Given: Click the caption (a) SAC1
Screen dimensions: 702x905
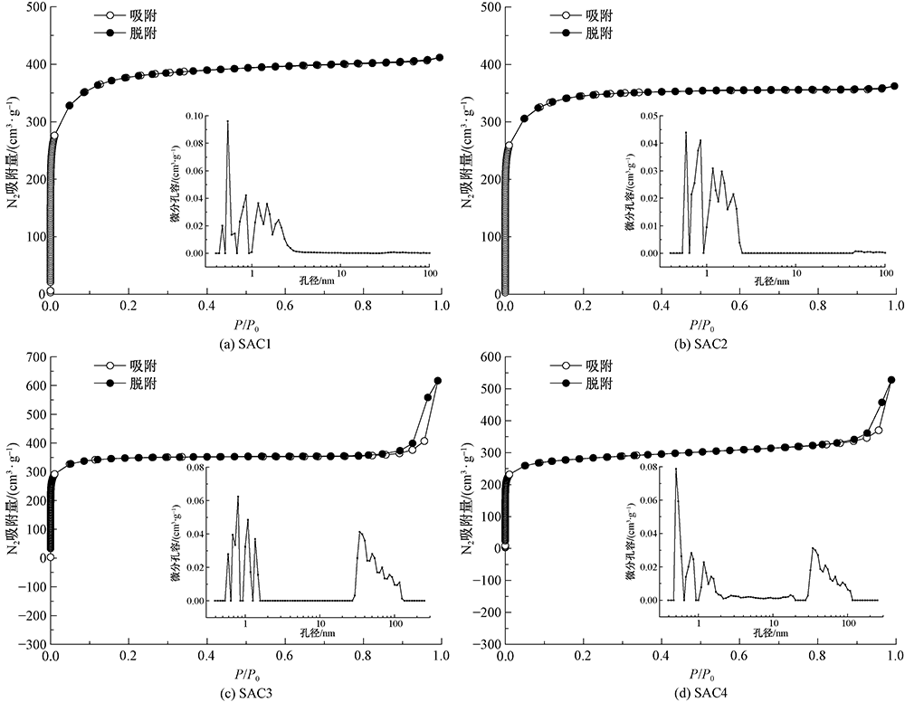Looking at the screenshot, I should [246, 344].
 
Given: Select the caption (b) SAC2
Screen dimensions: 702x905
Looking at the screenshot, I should [701, 344].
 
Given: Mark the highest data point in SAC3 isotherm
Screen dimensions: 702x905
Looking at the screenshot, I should [439, 381].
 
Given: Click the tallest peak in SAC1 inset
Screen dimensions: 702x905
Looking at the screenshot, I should [228, 120].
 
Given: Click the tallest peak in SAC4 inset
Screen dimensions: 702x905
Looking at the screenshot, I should [675, 469].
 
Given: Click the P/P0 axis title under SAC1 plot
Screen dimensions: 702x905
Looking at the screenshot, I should [246, 324].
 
